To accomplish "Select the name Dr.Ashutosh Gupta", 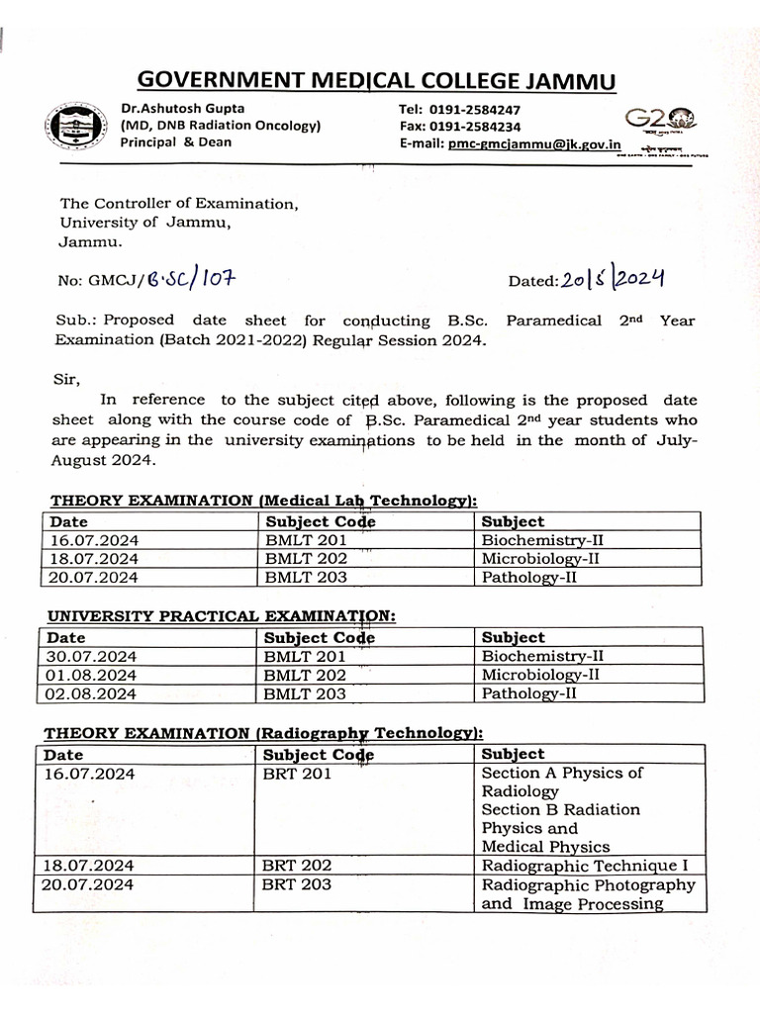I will pos(183,108).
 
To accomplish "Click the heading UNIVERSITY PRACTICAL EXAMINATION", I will pos(220,616).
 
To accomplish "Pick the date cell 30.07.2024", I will pos(92,656).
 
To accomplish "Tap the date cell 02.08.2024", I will pos(92,693).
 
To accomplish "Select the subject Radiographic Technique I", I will pos(584,866).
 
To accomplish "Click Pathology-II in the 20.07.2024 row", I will pos(528,577).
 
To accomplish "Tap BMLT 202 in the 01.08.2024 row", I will pos(305,675).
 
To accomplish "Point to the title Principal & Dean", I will pos(175,142).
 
